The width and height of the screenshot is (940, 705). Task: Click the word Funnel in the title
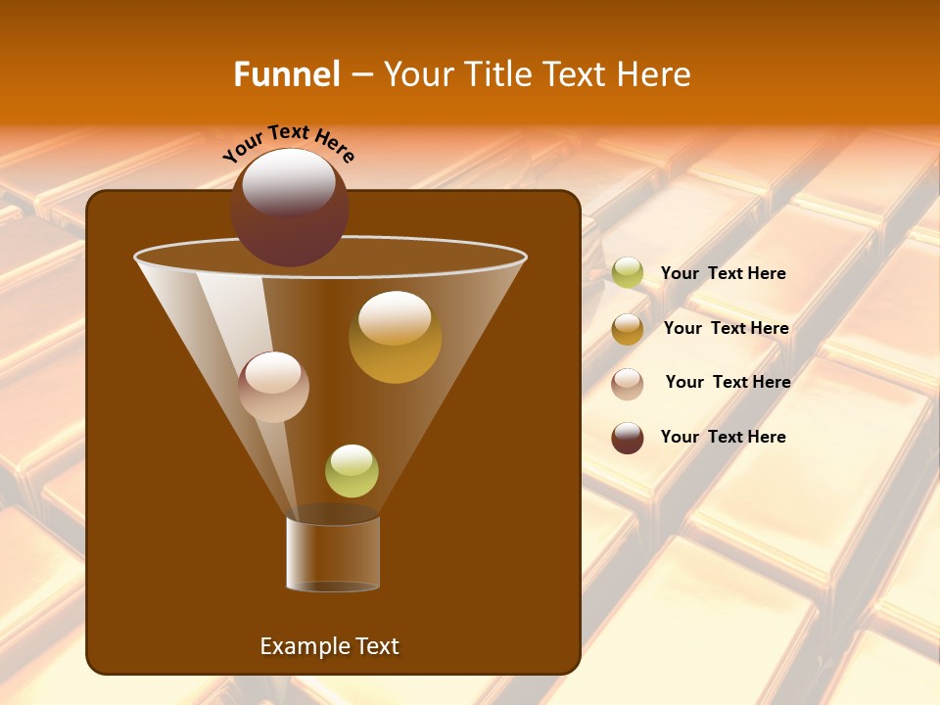coord(286,74)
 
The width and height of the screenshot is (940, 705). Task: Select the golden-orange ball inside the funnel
coord(395,338)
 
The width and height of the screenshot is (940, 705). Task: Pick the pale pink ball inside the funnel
coord(273,387)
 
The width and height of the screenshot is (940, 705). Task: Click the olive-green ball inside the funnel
coord(352,471)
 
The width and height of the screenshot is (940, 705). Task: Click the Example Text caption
coord(329,646)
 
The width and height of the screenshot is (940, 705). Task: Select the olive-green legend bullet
coord(628,273)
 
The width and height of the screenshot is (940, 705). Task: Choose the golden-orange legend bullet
coord(628,329)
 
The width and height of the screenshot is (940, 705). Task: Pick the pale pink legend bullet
coord(628,383)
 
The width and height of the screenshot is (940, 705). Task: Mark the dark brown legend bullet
coord(628,438)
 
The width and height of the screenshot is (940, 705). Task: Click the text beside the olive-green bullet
coord(723,273)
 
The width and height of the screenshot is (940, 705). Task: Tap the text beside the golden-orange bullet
coord(726,328)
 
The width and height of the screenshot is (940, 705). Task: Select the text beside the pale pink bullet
coord(728,382)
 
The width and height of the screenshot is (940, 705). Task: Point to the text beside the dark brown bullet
coord(723,437)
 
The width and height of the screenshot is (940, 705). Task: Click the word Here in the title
coord(656,74)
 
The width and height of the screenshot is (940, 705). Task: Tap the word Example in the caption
coord(302,646)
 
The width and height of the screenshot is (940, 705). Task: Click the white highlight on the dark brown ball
coord(289,182)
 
